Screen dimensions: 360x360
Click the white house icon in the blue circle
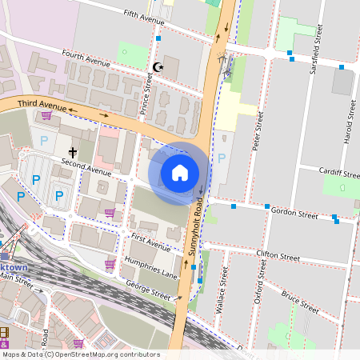[x=180, y=173]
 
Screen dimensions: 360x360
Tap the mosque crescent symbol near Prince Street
[x=157, y=68]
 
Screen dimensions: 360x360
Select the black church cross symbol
[x=72, y=151]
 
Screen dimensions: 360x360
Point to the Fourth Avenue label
[x=87, y=61]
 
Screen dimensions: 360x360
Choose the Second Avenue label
[x=87, y=171]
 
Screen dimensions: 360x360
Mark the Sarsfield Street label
[x=317, y=43]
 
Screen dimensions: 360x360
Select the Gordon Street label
[x=294, y=214]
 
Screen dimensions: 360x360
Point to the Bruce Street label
[x=300, y=304]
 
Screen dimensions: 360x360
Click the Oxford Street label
[x=260, y=301]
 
